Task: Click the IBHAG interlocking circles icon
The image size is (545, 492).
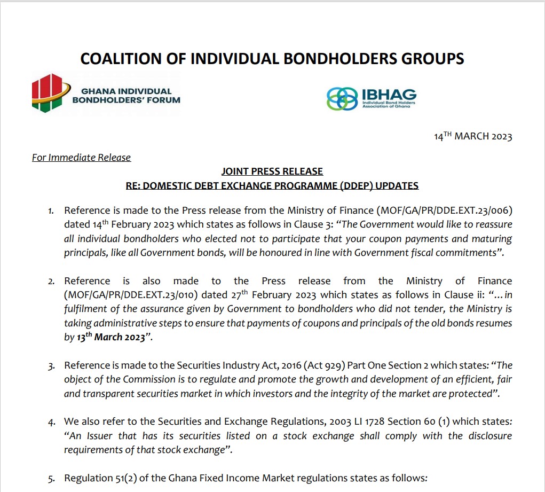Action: coord(343,99)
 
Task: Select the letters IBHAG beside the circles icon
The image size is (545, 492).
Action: coord(389,94)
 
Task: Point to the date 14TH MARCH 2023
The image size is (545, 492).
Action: coord(473,136)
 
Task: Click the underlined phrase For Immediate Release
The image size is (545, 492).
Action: coord(81,157)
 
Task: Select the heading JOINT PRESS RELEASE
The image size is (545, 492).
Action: coord(272,171)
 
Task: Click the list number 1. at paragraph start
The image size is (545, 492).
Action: coord(52,212)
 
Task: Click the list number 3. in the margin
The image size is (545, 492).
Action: coord(52,366)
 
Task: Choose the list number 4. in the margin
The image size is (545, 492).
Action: coord(52,422)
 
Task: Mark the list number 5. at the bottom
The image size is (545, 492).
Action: coord(52,478)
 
